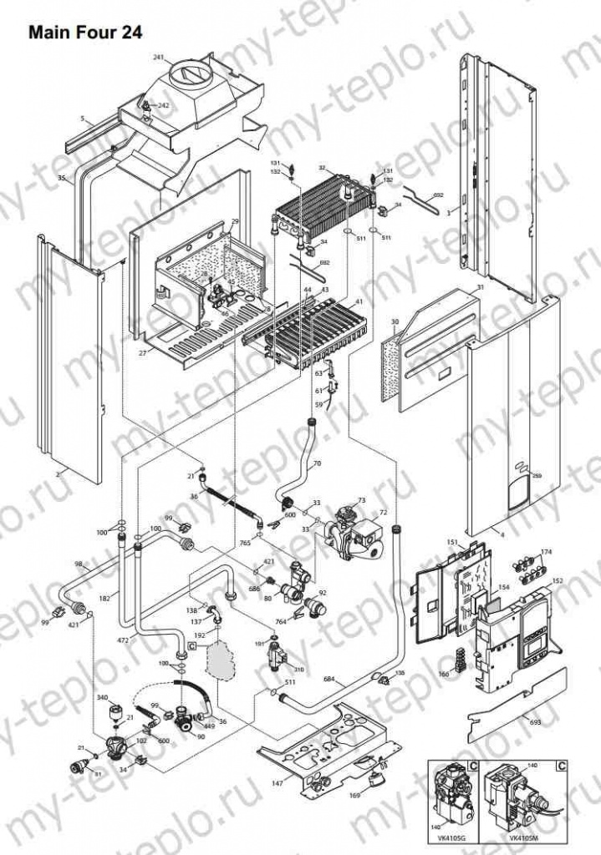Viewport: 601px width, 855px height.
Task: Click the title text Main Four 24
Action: [84, 33]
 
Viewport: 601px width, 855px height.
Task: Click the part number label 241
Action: [158, 58]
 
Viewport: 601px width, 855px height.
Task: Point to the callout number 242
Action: [163, 106]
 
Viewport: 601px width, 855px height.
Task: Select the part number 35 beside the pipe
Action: [61, 179]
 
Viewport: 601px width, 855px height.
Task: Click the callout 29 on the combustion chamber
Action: [235, 221]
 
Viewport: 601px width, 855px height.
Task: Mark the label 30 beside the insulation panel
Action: [395, 321]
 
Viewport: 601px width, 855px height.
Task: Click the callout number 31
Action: [480, 287]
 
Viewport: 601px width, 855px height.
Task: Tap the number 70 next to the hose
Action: [316, 463]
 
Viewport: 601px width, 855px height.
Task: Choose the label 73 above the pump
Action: [361, 500]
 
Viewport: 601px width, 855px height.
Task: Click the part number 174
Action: [547, 553]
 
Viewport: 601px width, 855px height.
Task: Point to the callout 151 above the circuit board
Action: [451, 544]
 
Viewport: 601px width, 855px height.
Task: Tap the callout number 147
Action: [278, 783]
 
